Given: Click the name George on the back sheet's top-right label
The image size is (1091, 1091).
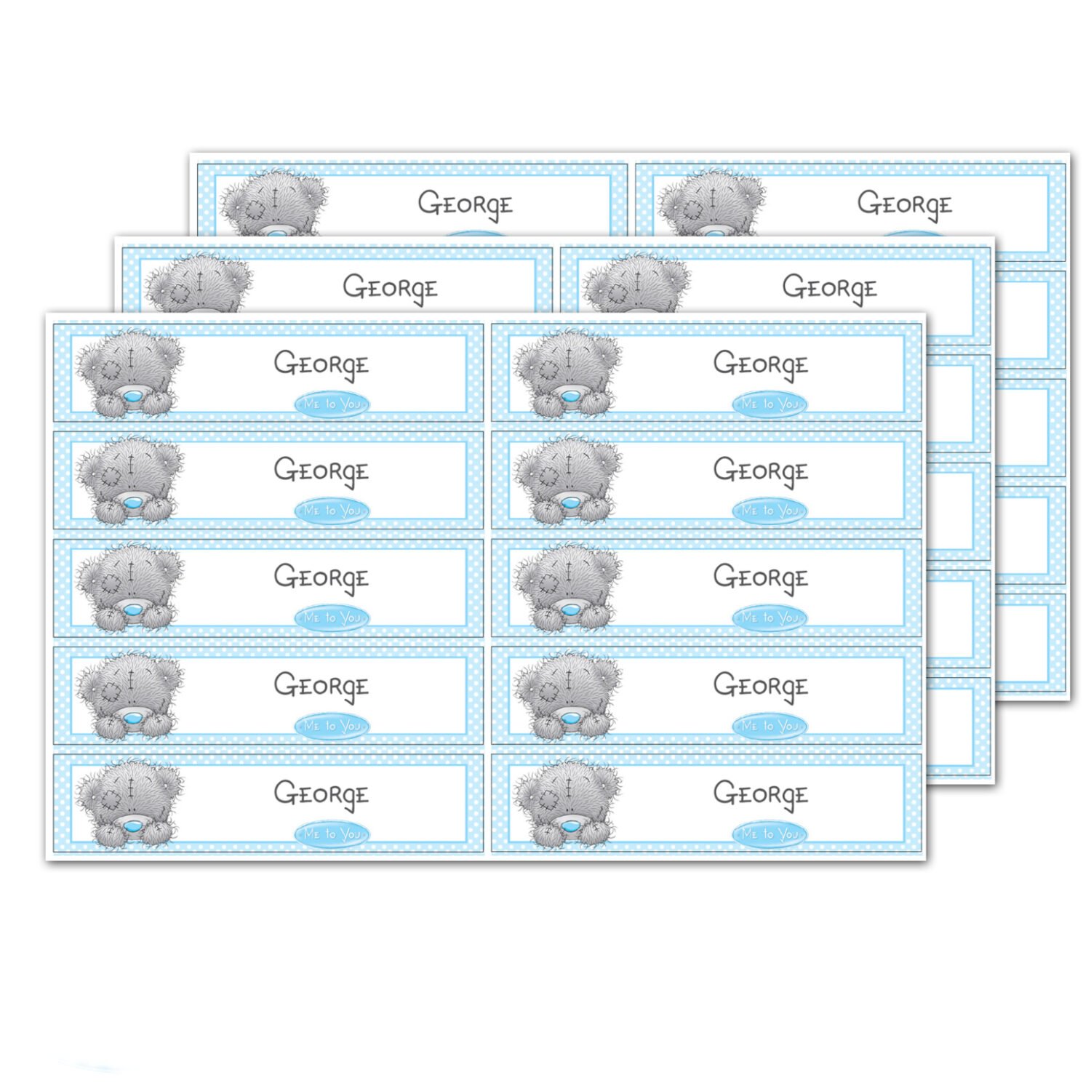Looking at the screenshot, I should point(904,204).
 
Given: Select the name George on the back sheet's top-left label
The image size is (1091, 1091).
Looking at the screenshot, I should point(465,204).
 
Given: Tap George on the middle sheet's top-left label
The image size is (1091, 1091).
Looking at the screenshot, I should point(390,288).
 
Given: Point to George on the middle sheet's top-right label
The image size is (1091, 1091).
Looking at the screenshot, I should point(829,288).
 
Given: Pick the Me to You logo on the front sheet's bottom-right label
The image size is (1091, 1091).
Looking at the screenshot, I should point(770,834).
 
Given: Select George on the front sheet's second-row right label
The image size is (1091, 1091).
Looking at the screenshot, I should point(760,471).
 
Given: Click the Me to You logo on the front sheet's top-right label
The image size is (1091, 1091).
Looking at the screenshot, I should point(770,404).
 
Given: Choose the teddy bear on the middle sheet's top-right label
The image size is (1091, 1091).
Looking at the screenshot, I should point(637,284).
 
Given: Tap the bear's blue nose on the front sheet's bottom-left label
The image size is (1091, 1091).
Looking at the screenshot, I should point(132,827).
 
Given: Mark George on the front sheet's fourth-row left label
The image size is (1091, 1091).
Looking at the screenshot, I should point(321,686).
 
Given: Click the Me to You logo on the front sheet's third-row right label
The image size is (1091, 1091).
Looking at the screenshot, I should point(770,618).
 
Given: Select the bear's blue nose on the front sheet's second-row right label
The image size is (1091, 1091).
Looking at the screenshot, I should point(571,503).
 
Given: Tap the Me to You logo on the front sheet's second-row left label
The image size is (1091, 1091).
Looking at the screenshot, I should point(332,511).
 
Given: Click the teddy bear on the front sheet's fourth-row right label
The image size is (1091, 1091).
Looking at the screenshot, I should point(567,695).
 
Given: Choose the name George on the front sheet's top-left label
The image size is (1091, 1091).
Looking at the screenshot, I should point(321,364).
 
